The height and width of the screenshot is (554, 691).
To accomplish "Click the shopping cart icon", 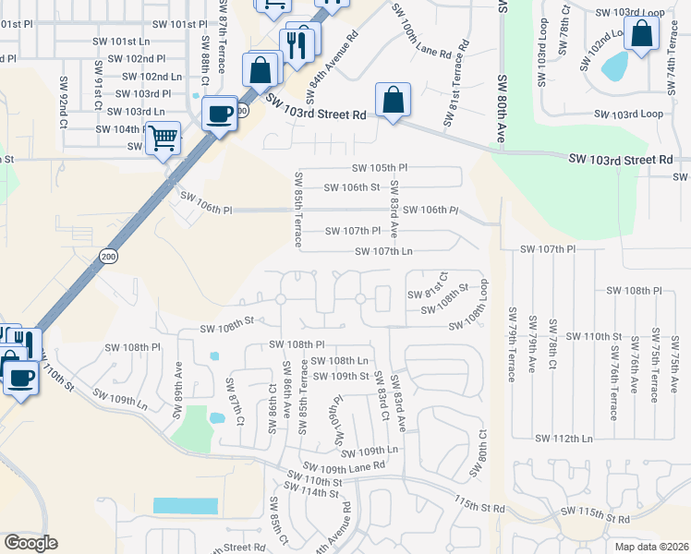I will click(164, 138).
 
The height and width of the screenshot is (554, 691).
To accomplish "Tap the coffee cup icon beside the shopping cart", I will click(219, 114).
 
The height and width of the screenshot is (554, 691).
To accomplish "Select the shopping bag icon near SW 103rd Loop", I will click(641, 35).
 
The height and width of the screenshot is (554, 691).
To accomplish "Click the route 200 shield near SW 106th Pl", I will click(109, 256).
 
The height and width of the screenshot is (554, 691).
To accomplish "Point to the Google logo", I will click(30, 543).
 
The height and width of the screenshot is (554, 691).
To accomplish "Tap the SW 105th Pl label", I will click(380, 168).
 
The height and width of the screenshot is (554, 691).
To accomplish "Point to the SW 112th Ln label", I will click(564, 438).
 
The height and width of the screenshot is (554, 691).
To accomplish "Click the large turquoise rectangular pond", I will click(186, 506).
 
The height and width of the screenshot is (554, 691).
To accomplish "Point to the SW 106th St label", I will click(351, 188).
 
